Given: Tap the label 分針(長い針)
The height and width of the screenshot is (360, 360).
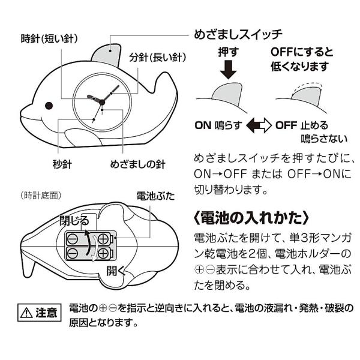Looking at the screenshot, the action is click(x=158, y=59).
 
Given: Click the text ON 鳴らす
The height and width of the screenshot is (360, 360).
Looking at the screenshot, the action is click(x=217, y=127).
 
